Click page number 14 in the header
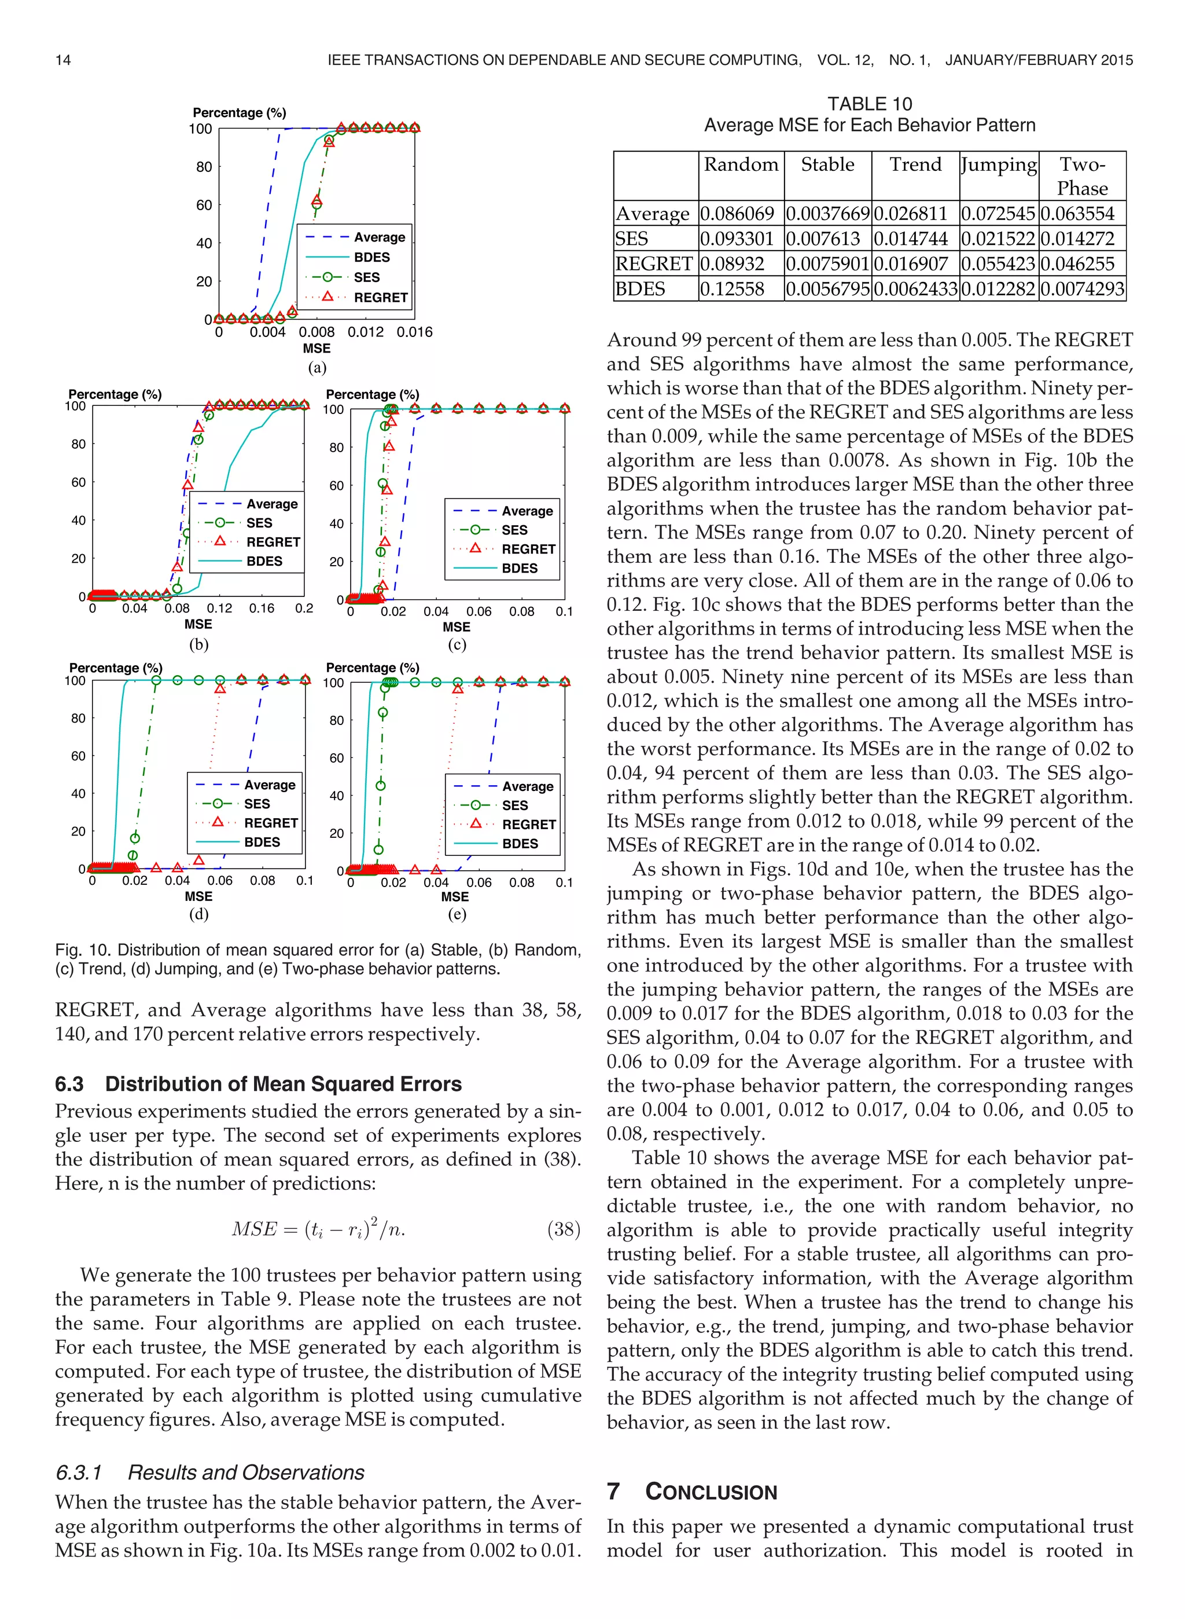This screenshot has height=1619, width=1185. [x=63, y=60]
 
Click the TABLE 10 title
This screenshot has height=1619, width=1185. [x=870, y=104]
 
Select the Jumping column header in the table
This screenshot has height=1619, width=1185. [x=999, y=165]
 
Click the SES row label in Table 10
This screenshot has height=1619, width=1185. [x=632, y=239]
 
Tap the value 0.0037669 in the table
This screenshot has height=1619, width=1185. [x=828, y=214]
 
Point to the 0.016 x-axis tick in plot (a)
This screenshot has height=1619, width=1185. [x=415, y=332]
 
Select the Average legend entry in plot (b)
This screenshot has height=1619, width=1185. [x=271, y=504]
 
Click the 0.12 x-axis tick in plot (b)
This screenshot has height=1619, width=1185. [x=219, y=609]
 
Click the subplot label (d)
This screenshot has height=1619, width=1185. [x=198, y=914]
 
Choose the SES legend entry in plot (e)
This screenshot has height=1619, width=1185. [x=514, y=805]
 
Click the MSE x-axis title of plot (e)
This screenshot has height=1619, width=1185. [x=455, y=897]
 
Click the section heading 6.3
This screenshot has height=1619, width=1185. [x=258, y=1083]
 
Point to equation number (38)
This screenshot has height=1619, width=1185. [x=563, y=1229]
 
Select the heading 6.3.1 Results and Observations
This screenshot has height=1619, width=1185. [x=209, y=1473]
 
